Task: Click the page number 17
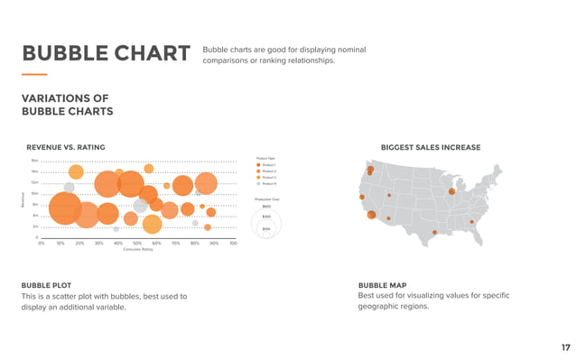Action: pos(564,346)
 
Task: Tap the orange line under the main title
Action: pos(34,74)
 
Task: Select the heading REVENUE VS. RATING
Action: pos(66,147)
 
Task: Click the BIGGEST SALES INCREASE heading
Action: pos(431,147)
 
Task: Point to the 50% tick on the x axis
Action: pos(137,244)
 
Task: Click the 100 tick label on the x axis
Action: pos(233,244)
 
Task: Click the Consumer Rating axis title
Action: pos(138,250)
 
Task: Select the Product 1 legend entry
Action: pos(269,165)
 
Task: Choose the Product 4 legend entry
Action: pos(269,184)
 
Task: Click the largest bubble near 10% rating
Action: pos(65,208)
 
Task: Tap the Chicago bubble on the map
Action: pos(451,190)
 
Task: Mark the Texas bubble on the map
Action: pos(434,233)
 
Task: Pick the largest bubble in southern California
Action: pos(371,215)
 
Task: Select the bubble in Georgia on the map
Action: pos(471,222)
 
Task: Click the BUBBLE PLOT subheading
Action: pos(47,285)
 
